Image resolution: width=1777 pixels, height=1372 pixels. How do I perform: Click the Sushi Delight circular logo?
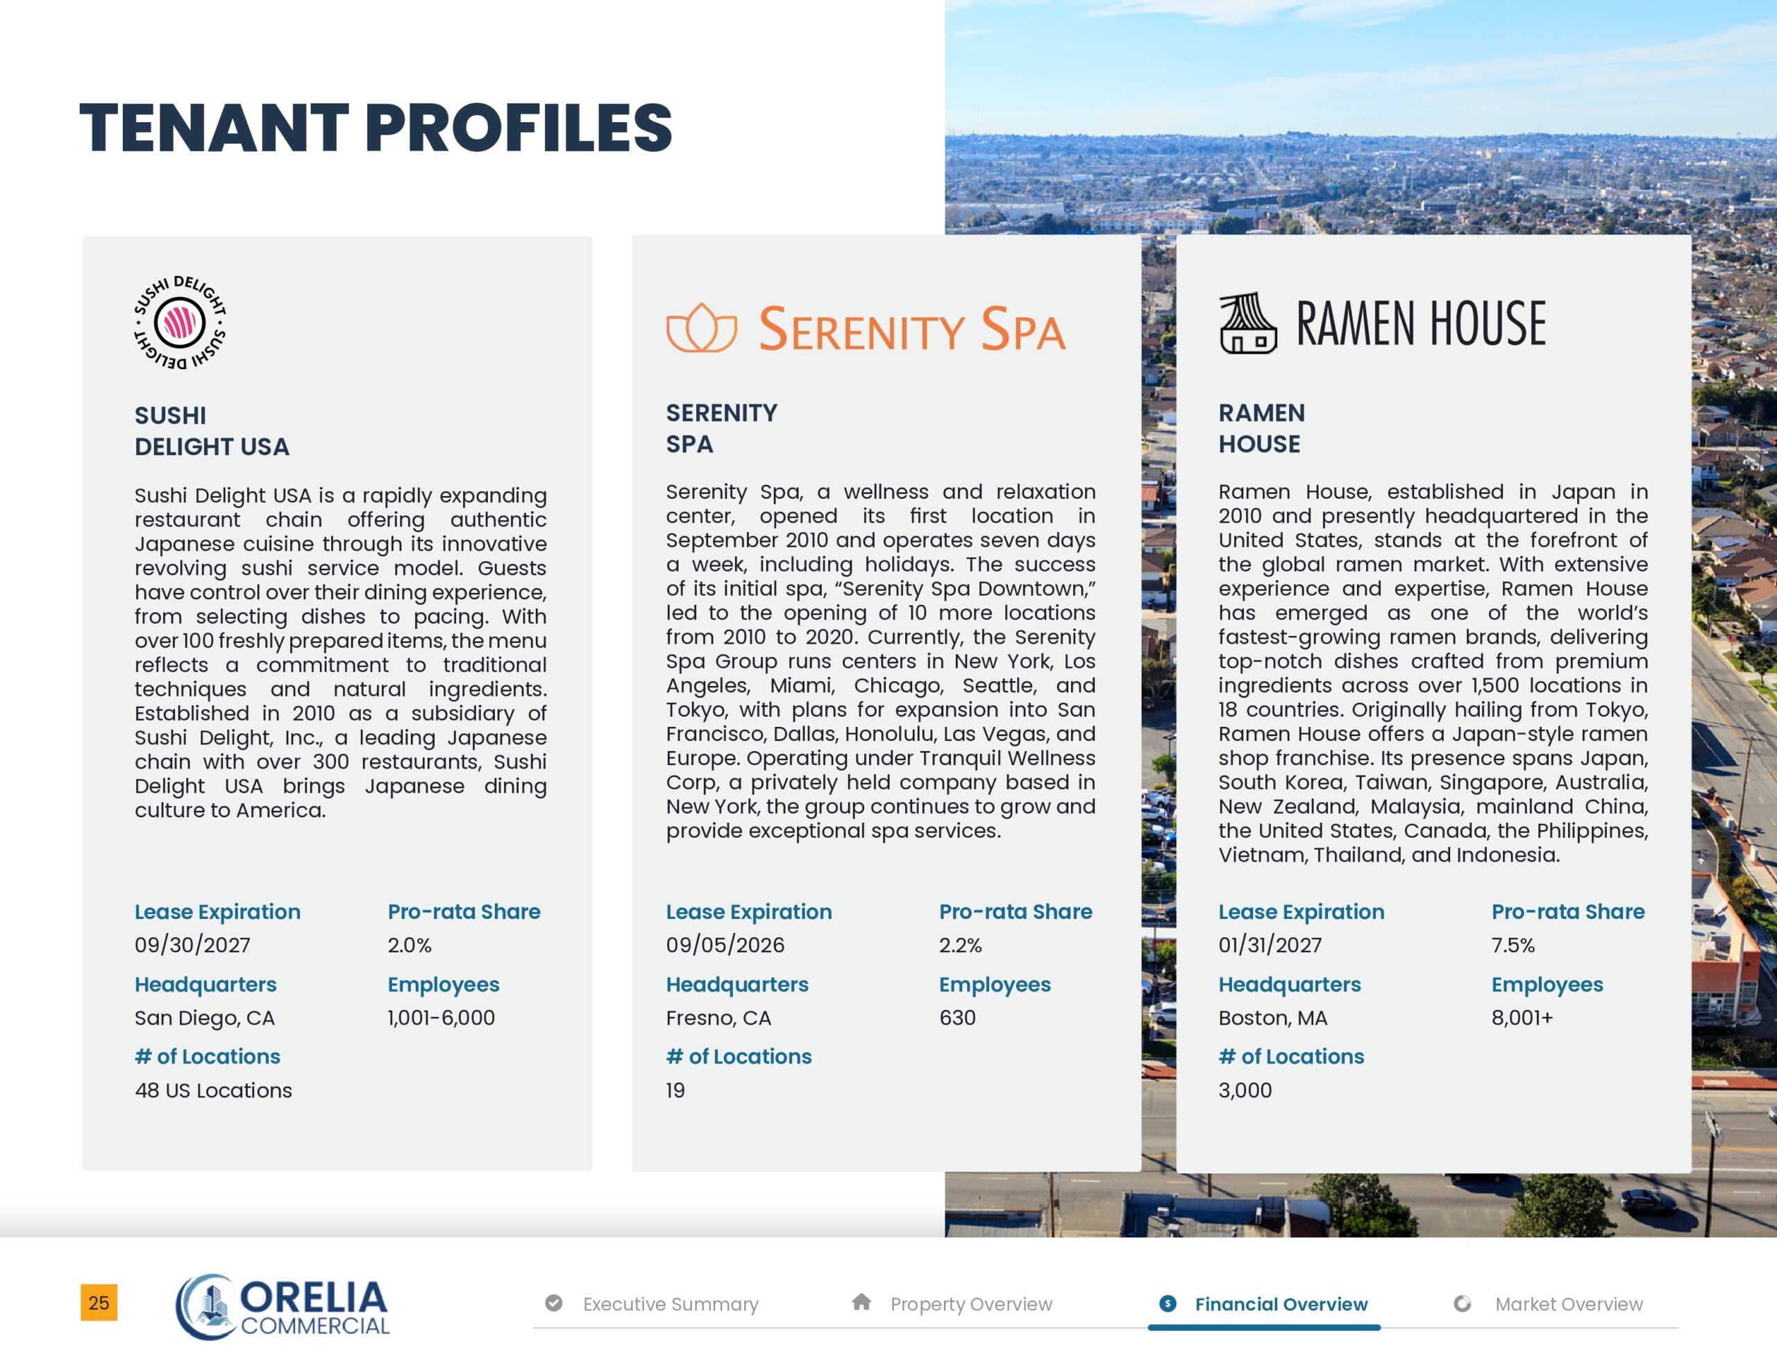click(x=180, y=322)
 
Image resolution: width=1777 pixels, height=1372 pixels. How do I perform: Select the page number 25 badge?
click(x=99, y=1303)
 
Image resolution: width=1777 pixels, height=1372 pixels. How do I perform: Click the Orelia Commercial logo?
click(x=283, y=1306)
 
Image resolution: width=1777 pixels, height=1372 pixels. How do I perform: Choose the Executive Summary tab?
click(x=670, y=1304)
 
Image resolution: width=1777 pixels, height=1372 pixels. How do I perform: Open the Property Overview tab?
click(x=970, y=1304)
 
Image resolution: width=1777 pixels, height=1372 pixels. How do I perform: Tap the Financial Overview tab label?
click(x=1281, y=1304)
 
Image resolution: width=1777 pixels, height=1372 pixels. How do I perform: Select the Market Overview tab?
click(x=1568, y=1304)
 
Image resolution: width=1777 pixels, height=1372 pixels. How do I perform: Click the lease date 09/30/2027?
click(x=193, y=945)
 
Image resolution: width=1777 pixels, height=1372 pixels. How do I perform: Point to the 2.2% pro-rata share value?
click(x=960, y=945)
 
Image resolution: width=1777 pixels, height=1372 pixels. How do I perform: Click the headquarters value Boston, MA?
click(x=1272, y=1018)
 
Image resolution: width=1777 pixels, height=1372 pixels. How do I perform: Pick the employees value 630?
click(x=957, y=1018)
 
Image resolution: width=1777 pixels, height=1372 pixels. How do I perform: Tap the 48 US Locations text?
click(x=213, y=1090)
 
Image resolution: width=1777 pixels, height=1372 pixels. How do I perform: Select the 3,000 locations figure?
click(x=1245, y=1090)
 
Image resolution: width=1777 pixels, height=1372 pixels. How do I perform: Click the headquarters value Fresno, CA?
click(x=718, y=1018)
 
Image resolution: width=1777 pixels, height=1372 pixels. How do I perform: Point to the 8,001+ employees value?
click(x=1522, y=1018)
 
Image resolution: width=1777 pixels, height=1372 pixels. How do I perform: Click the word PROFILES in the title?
click(x=519, y=128)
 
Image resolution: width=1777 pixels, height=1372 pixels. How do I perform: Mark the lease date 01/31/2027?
click(x=1270, y=945)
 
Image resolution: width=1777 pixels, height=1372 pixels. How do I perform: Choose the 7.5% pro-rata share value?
click(x=1513, y=945)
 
